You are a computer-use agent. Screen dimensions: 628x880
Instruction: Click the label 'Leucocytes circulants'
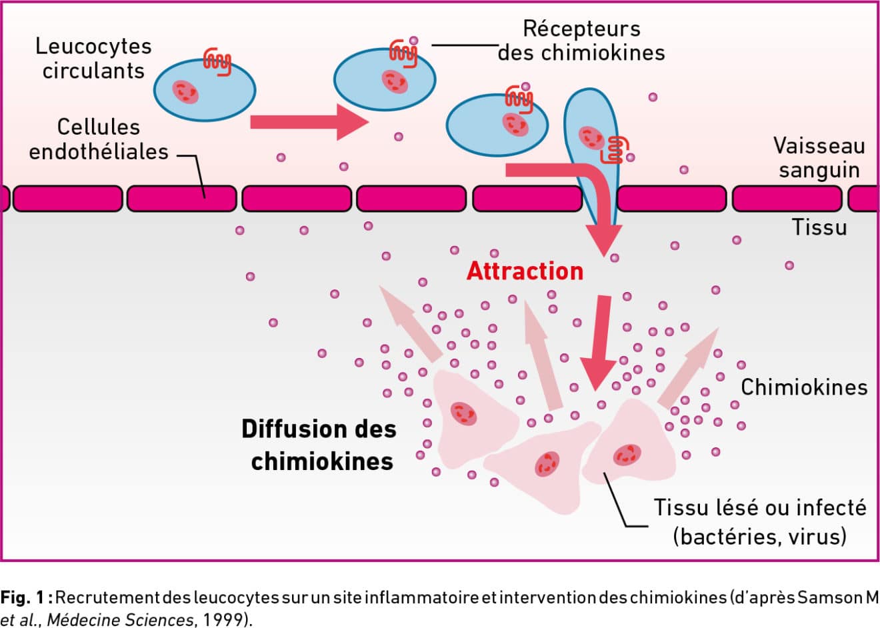coord(93,59)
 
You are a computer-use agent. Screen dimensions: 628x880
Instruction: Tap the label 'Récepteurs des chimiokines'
coord(581,41)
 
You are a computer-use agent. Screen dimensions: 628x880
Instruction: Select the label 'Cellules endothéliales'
coord(99,139)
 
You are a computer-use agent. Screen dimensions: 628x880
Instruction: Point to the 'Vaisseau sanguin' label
coord(819,157)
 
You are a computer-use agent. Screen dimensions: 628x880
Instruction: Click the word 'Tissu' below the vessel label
coord(819,227)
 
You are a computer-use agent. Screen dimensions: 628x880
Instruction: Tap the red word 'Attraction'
coord(525,271)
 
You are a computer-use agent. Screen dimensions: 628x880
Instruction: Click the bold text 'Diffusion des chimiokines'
coord(320,445)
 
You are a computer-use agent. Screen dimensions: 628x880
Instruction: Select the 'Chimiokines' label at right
coord(804,387)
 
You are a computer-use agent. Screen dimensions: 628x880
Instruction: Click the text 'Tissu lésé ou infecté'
coord(759,507)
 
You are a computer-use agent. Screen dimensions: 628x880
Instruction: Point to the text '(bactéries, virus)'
coord(759,536)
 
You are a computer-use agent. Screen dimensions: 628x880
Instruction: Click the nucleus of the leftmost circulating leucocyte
coord(185,92)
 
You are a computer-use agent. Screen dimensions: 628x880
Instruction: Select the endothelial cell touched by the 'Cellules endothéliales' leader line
coord(182,199)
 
